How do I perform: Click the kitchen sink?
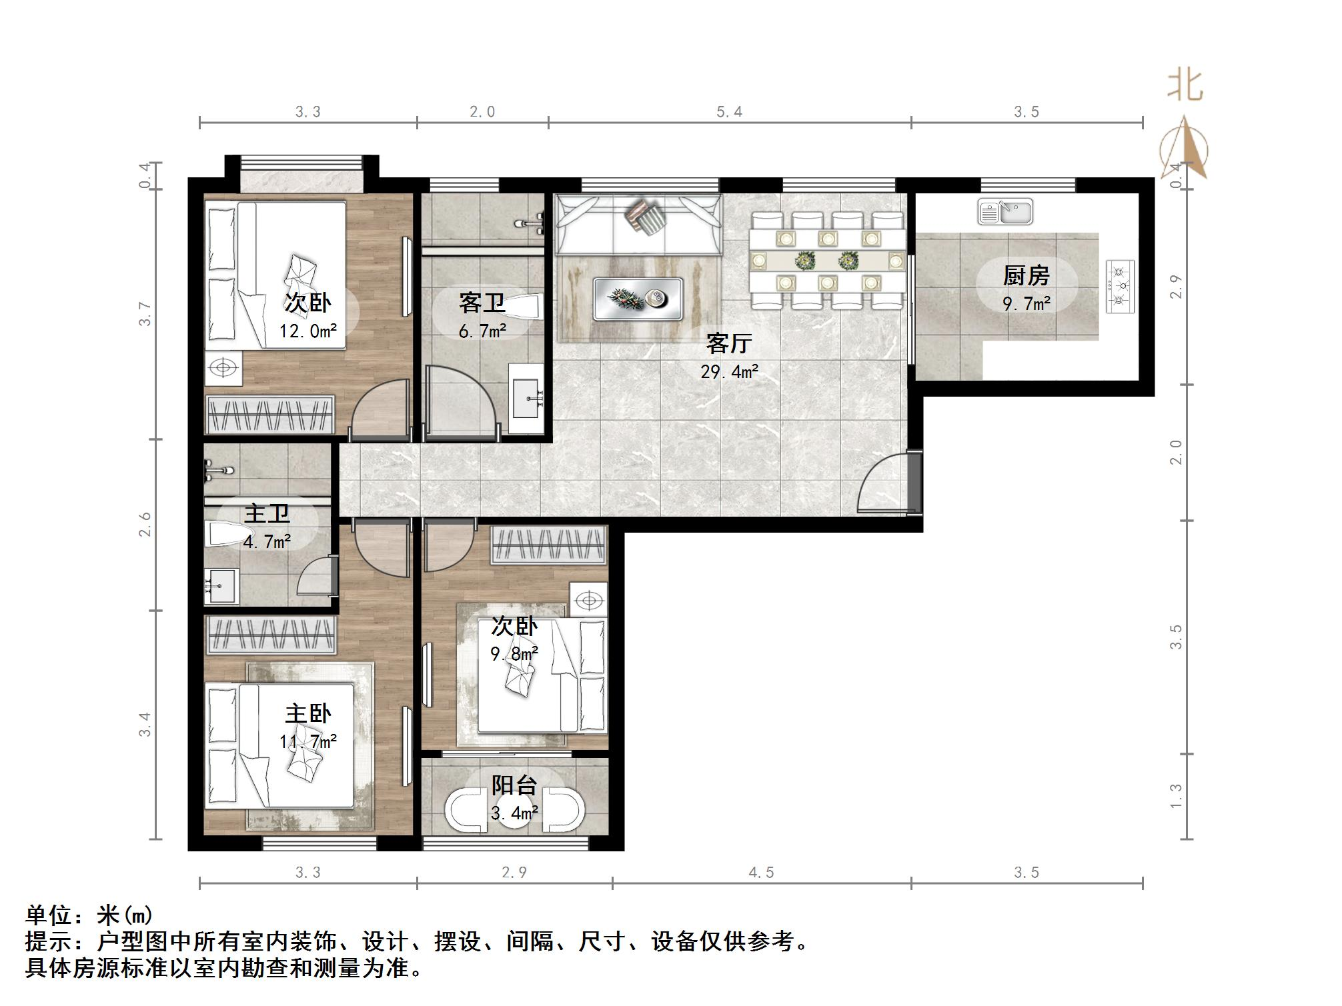[x=1004, y=211]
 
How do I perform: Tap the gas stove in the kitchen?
[x=1120, y=287]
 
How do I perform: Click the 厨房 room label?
[x=1026, y=275]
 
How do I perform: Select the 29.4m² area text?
[x=729, y=371]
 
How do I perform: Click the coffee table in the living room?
[x=638, y=299]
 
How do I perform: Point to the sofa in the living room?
[x=638, y=224]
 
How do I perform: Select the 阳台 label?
[x=514, y=785]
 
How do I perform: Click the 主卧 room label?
[x=308, y=714]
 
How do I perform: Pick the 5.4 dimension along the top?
[x=729, y=111]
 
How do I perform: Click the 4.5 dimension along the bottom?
[x=761, y=873]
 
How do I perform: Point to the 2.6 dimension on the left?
[x=145, y=524]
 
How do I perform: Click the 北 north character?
[x=1185, y=85]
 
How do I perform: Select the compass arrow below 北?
[x=1185, y=148]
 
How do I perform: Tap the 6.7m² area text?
[x=482, y=330]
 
